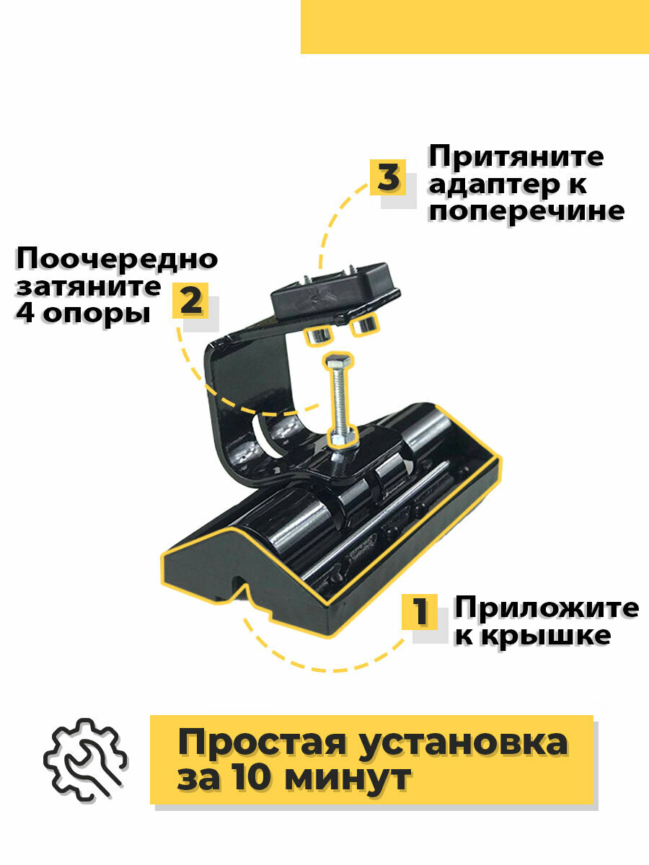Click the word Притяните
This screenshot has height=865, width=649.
[x=516, y=157]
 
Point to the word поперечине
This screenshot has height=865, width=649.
[x=526, y=210]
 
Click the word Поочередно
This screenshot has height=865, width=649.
[x=117, y=259]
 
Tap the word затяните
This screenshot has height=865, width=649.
[x=89, y=286]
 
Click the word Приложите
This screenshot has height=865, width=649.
[x=546, y=608]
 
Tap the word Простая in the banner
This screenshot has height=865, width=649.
[x=274, y=742]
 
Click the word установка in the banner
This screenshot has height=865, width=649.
[x=475, y=742]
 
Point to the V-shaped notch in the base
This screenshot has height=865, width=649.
[x=239, y=584]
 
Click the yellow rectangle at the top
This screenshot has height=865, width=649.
[x=474, y=27]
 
